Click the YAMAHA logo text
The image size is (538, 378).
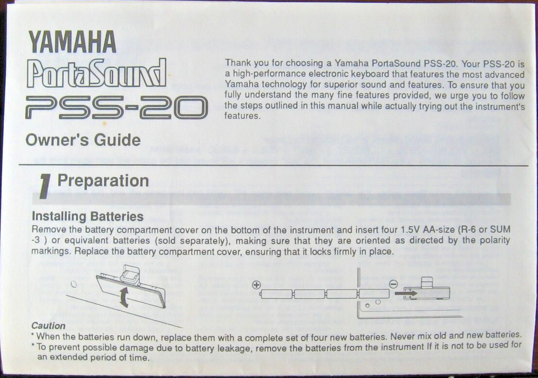(72, 42)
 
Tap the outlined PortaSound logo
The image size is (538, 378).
(96, 73)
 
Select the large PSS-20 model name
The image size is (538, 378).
(117, 108)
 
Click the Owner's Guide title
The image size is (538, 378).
(83, 140)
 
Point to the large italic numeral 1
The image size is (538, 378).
(45, 186)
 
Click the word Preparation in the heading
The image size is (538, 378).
(103, 181)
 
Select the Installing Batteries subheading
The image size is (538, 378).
(87, 217)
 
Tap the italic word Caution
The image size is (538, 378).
(48, 325)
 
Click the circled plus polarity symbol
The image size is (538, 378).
(256, 284)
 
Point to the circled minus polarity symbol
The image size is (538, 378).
(394, 284)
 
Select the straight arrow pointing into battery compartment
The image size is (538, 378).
(406, 293)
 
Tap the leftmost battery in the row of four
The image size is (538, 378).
(276, 294)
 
